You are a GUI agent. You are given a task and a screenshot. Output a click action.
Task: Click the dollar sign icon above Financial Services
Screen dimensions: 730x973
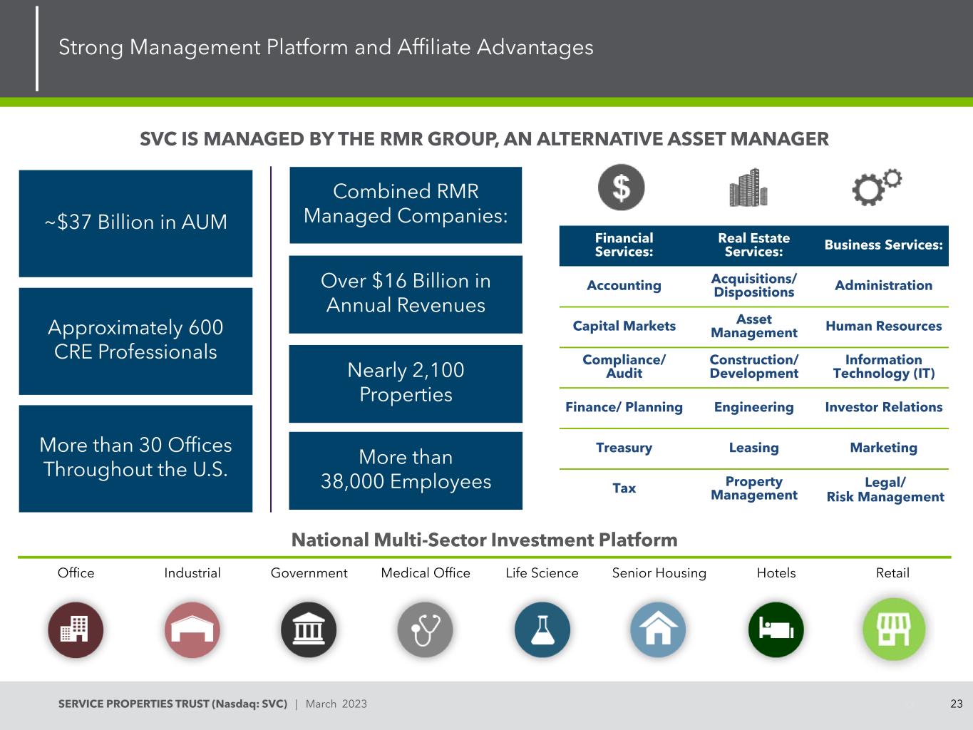[x=621, y=187]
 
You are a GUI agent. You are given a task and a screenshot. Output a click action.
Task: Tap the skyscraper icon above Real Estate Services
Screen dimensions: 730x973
[x=748, y=187]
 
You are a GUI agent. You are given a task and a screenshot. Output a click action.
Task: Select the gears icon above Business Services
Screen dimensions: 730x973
[x=877, y=187]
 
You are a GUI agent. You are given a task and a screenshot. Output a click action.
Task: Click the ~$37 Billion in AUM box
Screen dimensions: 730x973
[x=135, y=222]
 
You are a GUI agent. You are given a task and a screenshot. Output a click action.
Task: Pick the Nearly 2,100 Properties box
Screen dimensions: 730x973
[x=406, y=383]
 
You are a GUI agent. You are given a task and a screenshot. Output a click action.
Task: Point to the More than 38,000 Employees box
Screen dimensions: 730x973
[x=406, y=470]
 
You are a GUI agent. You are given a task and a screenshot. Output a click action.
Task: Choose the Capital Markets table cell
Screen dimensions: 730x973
[x=624, y=326]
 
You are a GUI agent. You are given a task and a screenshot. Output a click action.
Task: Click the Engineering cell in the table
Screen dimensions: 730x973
[x=753, y=407]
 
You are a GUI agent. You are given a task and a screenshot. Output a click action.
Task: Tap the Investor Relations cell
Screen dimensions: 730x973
[x=883, y=407]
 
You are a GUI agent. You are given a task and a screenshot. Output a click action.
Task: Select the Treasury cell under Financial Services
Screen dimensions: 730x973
[x=624, y=448]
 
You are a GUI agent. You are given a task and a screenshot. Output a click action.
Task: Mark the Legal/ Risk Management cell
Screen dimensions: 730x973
[x=885, y=490]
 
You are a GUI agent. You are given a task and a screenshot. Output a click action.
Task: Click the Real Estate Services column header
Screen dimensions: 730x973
[x=753, y=245]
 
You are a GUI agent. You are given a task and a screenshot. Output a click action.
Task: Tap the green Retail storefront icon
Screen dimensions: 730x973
[x=894, y=629]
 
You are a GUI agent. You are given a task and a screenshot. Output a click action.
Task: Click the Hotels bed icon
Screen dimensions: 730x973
[x=776, y=629]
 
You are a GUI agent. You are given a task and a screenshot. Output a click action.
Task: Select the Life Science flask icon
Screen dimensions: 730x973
[x=542, y=629]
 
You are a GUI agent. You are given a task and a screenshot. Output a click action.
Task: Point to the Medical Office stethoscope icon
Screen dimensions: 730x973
[x=425, y=629]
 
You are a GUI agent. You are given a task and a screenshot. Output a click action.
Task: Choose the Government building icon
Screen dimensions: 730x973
[x=308, y=629]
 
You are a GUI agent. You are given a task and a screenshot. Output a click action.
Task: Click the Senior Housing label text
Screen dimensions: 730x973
[x=659, y=573]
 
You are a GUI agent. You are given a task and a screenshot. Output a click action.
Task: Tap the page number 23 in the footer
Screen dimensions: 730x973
[x=957, y=704]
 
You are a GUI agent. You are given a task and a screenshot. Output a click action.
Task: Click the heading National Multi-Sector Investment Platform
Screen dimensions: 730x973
[x=484, y=540]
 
